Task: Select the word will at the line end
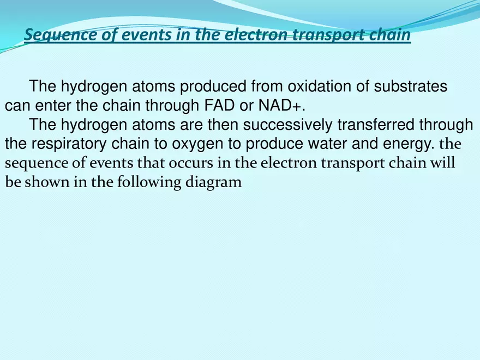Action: coord(445,163)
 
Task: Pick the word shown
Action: coord(41,182)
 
